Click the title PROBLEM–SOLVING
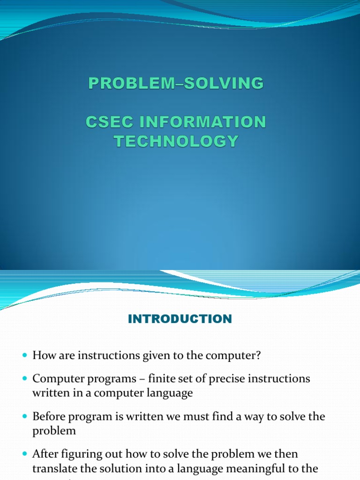(x=176, y=83)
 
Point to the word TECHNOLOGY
(x=176, y=141)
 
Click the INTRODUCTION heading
(x=180, y=319)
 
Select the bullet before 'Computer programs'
(x=25, y=379)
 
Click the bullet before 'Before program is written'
(x=25, y=417)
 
